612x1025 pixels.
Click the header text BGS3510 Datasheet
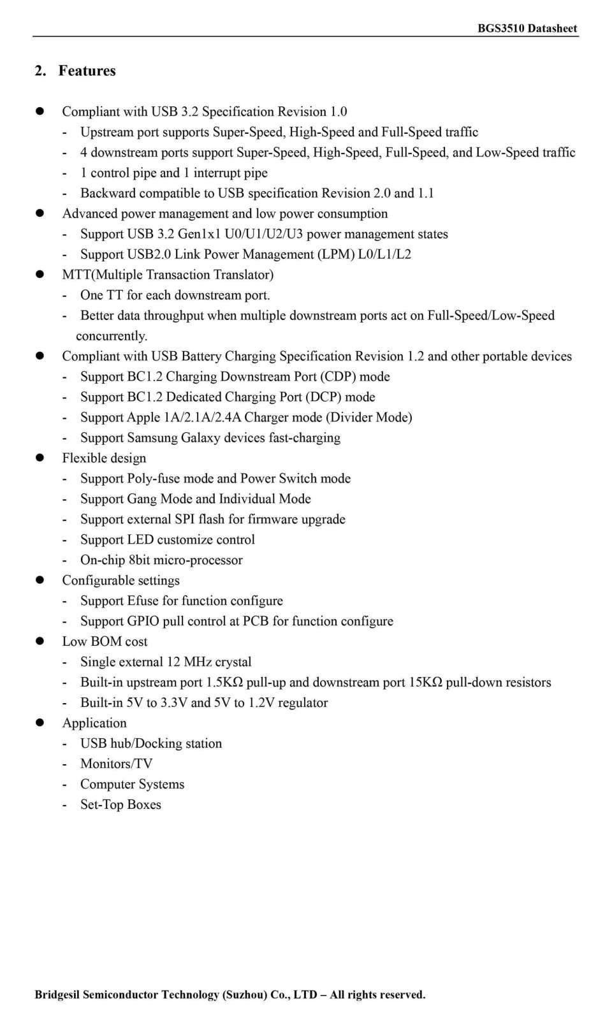[x=527, y=28]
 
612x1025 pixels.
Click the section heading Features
[x=87, y=71]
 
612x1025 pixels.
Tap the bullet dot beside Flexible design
[x=40, y=458]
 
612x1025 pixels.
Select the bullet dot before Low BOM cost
[x=40, y=641]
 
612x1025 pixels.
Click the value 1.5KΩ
[x=224, y=683]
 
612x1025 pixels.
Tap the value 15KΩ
[x=425, y=683]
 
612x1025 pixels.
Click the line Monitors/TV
[x=116, y=764]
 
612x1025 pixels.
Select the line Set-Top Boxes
[x=120, y=804]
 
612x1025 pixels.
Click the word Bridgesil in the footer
[x=57, y=994]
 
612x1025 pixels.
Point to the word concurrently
[x=112, y=336]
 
